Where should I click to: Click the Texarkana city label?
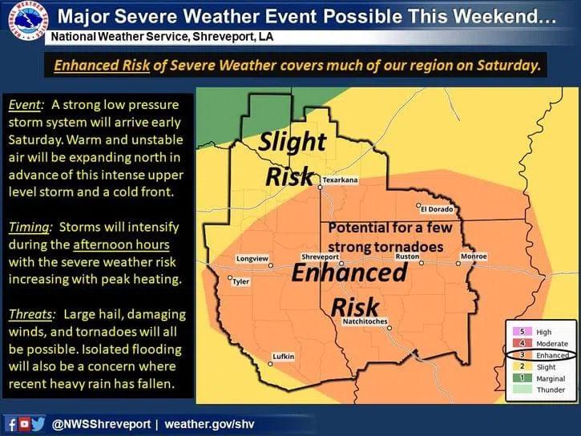(x=340, y=180)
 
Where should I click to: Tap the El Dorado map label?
(x=437, y=209)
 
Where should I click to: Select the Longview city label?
(x=252, y=259)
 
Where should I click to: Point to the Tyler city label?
(x=241, y=281)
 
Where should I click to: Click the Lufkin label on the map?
(x=284, y=357)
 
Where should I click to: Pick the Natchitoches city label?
(x=365, y=321)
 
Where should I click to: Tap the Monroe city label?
(x=474, y=256)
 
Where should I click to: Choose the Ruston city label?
(x=408, y=256)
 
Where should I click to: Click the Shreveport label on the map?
(x=320, y=256)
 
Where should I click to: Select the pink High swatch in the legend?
(x=522, y=332)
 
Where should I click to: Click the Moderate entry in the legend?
(x=551, y=344)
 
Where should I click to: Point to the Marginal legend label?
(x=551, y=378)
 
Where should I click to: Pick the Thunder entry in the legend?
(x=551, y=390)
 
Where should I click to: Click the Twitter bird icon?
(x=38, y=423)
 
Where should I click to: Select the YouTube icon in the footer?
(x=24, y=423)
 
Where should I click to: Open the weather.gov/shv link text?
(x=209, y=424)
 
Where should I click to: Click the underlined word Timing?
(x=29, y=227)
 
